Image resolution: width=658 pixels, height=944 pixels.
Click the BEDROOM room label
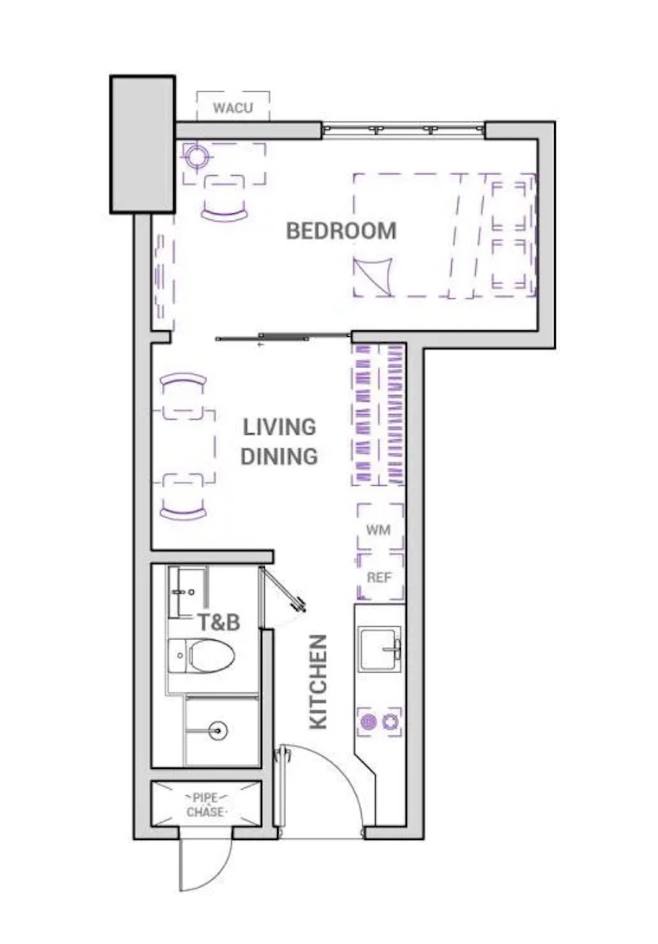(x=341, y=230)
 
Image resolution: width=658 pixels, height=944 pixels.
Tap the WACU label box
(x=233, y=107)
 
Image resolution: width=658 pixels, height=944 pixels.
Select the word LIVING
(x=280, y=427)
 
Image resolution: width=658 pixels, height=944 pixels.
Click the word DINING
(x=280, y=456)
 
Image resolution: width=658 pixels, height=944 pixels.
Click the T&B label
(x=219, y=622)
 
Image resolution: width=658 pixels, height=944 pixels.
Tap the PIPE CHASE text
(x=206, y=805)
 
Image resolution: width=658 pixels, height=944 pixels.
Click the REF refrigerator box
(x=380, y=577)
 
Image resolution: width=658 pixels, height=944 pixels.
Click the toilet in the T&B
(x=202, y=656)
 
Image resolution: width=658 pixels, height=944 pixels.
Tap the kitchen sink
(x=380, y=649)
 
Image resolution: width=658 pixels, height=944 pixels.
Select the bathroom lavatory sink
(x=183, y=592)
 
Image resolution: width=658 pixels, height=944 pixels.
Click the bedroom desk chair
(x=224, y=198)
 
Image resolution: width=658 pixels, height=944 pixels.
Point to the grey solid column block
(x=143, y=144)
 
